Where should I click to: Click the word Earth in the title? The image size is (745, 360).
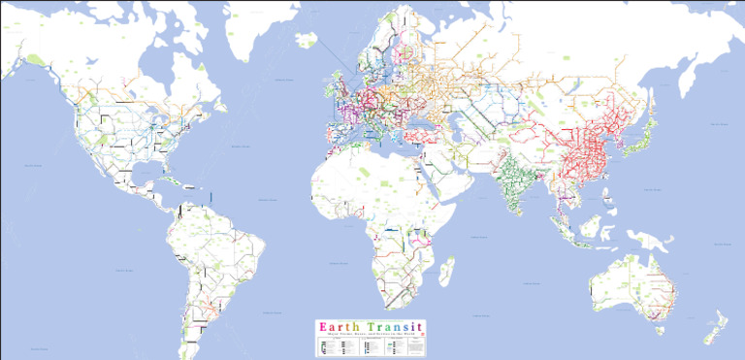340,326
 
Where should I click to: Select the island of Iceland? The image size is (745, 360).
308,41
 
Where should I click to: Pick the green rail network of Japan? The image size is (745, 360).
634,136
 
